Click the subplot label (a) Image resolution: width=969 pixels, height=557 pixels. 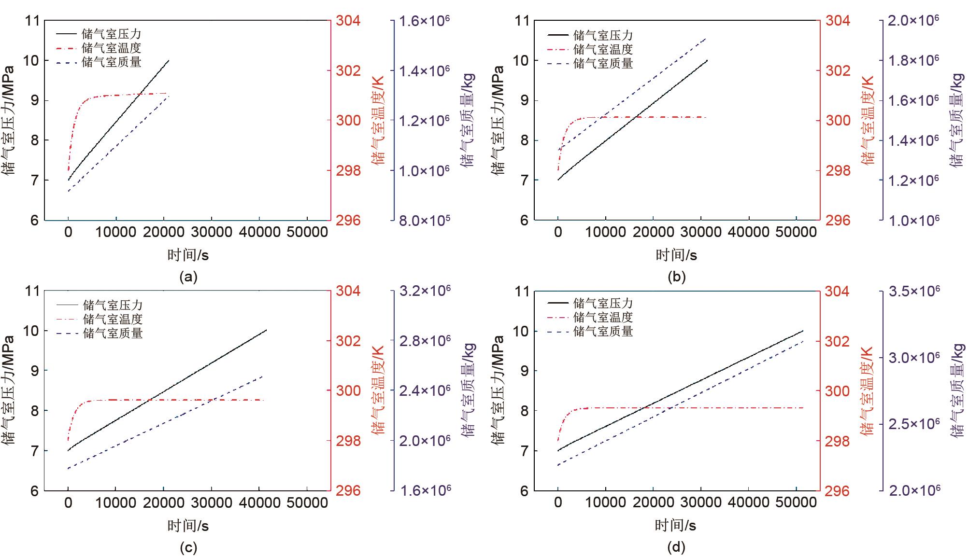188,277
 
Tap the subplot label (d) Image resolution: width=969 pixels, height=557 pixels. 676,547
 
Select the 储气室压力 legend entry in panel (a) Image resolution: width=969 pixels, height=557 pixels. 111,34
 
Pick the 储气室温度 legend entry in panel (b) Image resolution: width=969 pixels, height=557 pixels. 603,49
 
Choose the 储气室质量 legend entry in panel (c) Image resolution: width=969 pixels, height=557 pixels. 113,333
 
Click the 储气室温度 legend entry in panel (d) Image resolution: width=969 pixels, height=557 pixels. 603,318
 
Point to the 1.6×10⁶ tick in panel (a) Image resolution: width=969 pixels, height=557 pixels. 424,21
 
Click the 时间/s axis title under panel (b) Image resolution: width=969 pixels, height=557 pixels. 676,255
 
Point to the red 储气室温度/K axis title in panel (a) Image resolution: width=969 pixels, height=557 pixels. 379,120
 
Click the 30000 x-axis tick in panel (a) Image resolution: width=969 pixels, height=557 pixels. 211,232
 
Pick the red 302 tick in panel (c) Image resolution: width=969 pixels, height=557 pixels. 348,341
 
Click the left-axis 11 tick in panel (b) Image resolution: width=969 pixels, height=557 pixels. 522,21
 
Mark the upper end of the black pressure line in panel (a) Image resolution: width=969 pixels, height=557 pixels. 169,60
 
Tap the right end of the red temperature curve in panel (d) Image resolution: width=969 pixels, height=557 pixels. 803,408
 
